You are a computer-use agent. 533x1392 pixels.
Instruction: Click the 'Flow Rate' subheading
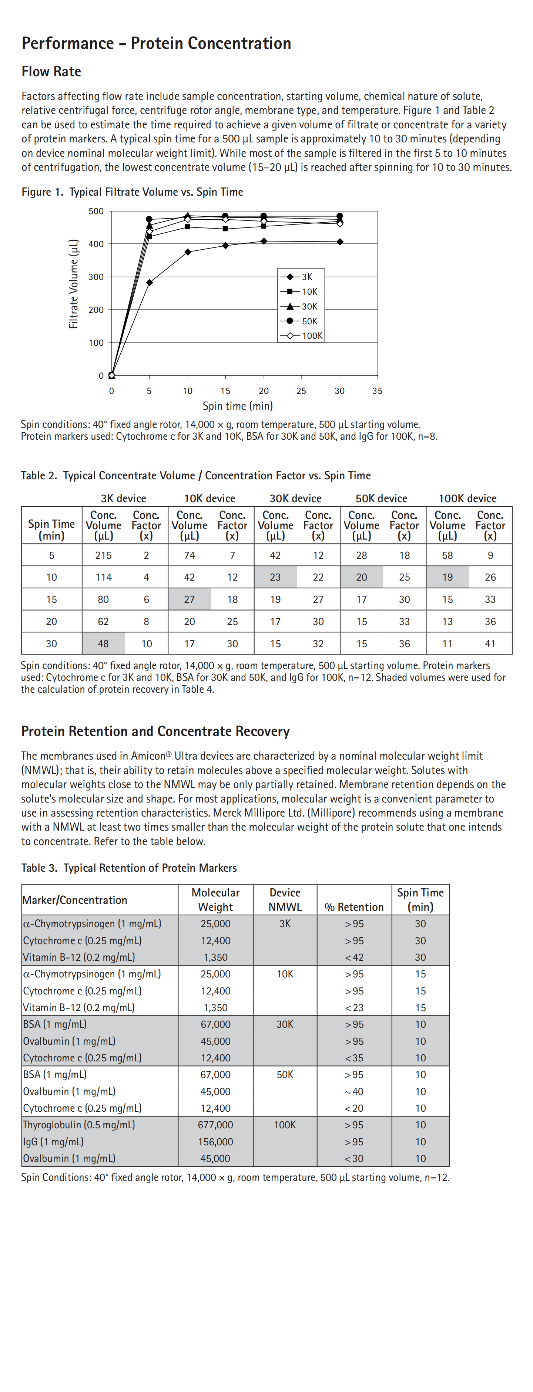pyautogui.click(x=51, y=72)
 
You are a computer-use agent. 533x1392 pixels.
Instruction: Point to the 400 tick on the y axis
pyautogui.click(x=96, y=244)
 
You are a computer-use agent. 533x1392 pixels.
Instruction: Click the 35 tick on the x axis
pyautogui.click(x=377, y=391)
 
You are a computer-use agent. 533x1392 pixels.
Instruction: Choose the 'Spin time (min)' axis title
pyautogui.click(x=237, y=406)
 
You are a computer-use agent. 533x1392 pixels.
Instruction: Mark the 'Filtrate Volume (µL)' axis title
pyautogui.click(x=74, y=284)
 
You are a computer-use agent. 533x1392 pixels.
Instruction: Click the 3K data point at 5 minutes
pyautogui.click(x=149, y=283)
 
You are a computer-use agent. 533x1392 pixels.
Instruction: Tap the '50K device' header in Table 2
pyautogui.click(x=382, y=498)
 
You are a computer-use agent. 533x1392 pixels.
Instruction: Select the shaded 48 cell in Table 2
pyautogui.click(x=103, y=643)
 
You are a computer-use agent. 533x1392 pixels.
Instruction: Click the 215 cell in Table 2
pyautogui.click(x=103, y=555)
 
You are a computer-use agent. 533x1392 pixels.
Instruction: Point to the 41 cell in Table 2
pyautogui.click(x=490, y=643)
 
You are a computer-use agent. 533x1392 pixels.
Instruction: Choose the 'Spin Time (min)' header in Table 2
pyautogui.click(x=51, y=530)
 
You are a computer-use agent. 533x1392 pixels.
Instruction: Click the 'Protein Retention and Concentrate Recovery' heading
pyautogui.click(x=155, y=731)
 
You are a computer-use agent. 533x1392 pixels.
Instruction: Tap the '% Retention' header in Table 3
pyautogui.click(x=354, y=907)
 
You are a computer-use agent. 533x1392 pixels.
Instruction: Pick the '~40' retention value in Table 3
pyautogui.click(x=354, y=1092)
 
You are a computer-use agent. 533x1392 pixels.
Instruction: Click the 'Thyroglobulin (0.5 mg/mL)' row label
pyautogui.click(x=79, y=1125)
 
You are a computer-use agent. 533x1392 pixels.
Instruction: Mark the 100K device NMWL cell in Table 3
pyautogui.click(x=285, y=1125)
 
